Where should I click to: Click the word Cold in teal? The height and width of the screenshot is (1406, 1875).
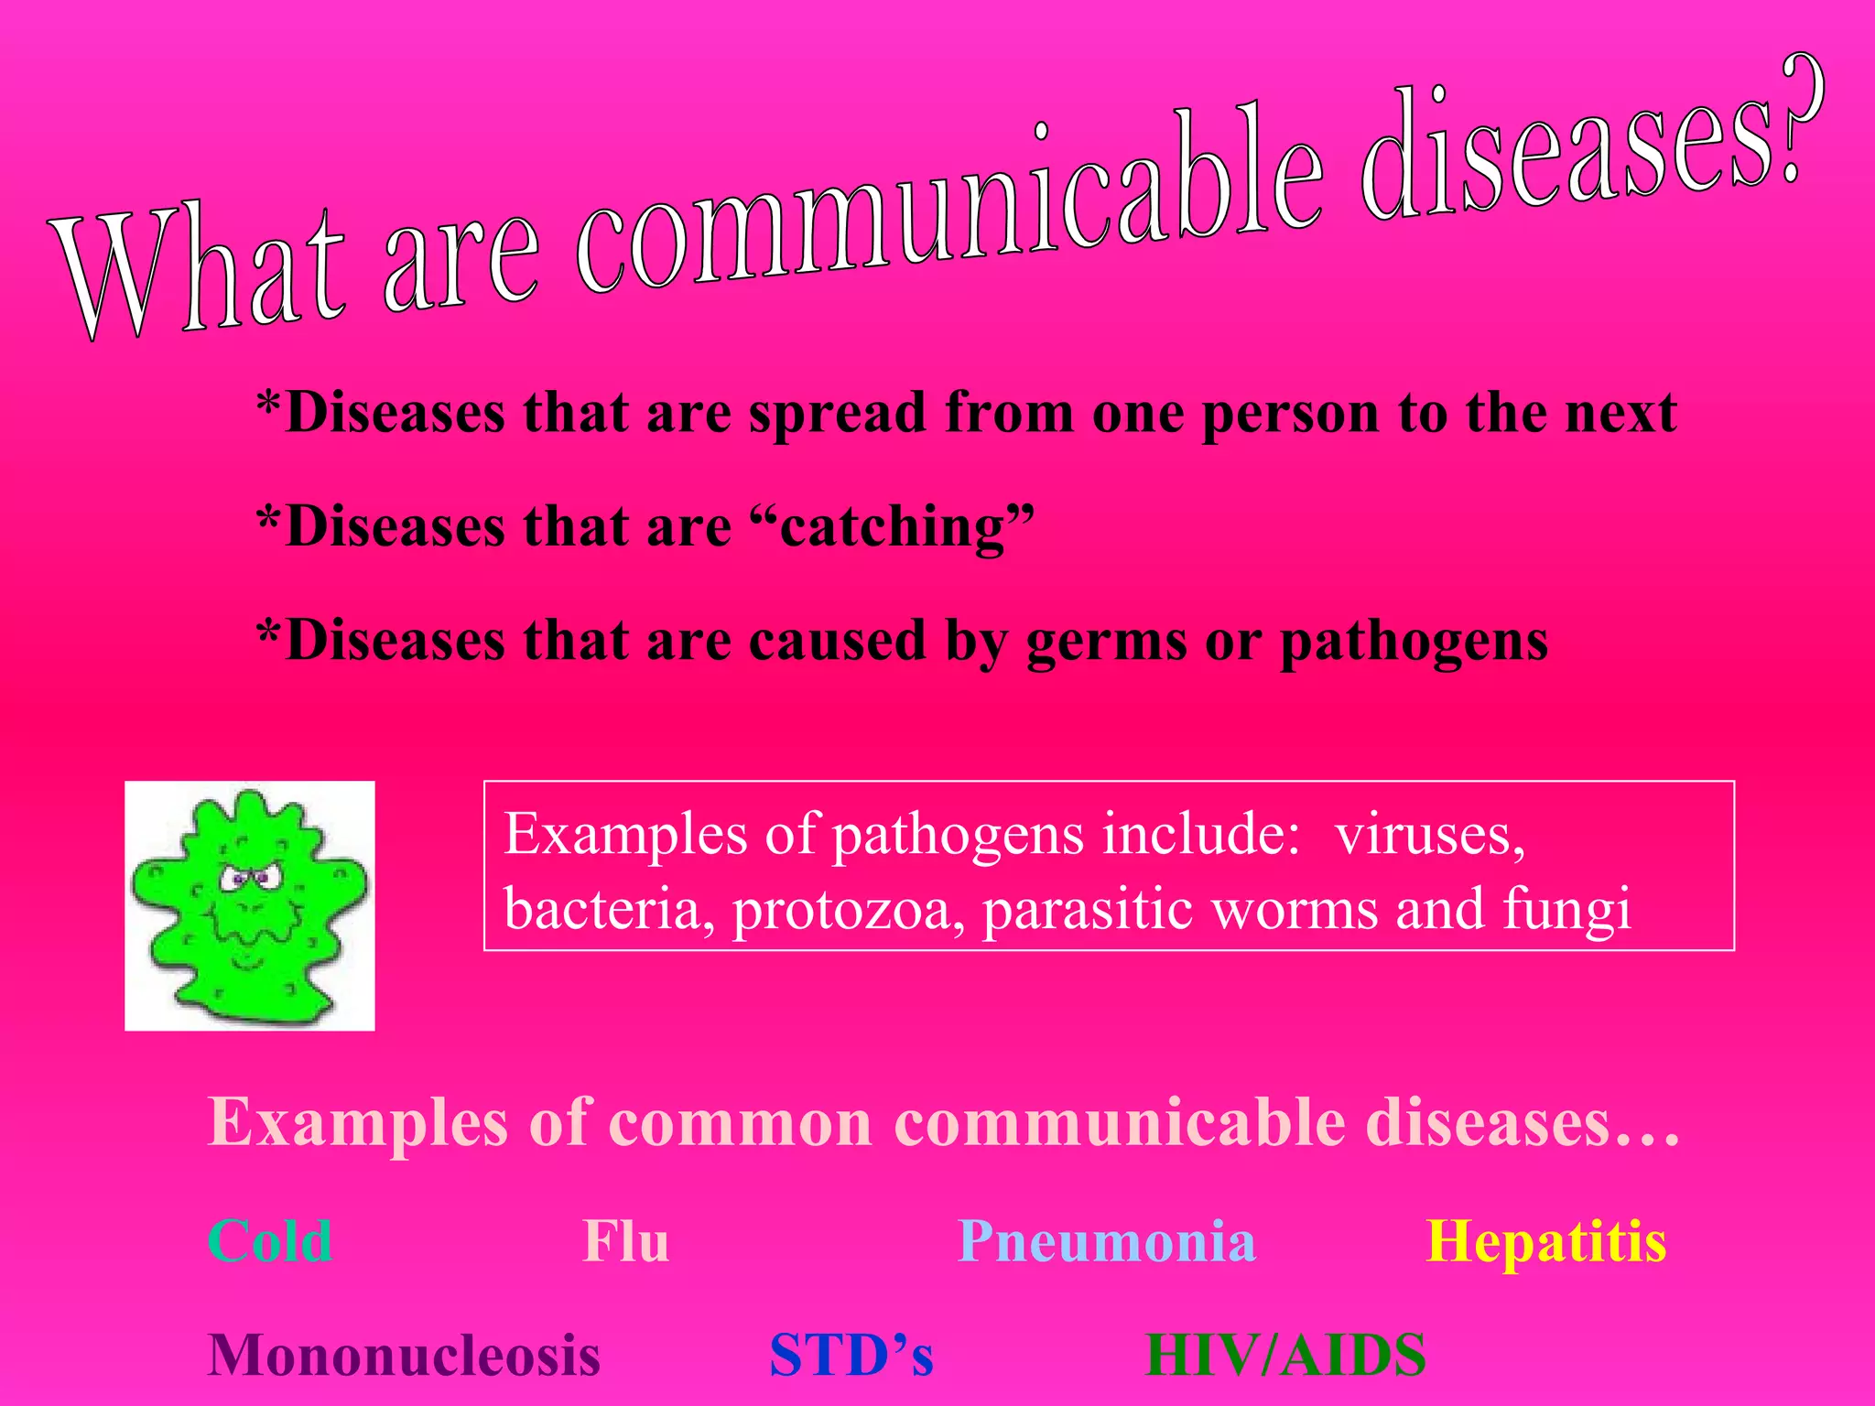(270, 1242)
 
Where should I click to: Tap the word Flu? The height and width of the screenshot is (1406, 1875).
(626, 1242)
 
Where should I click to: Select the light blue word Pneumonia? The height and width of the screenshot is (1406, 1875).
(1106, 1242)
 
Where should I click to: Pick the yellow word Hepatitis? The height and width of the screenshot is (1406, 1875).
(1546, 1242)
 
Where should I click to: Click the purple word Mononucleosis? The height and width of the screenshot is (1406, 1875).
(404, 1355)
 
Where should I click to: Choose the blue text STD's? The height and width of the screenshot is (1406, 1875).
(851, 1355)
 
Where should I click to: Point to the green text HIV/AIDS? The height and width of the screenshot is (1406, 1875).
(1285, 1355)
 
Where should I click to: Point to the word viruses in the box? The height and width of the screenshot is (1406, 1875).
(1429, 835)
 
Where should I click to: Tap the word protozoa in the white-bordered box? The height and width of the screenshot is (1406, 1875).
(848, 910)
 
